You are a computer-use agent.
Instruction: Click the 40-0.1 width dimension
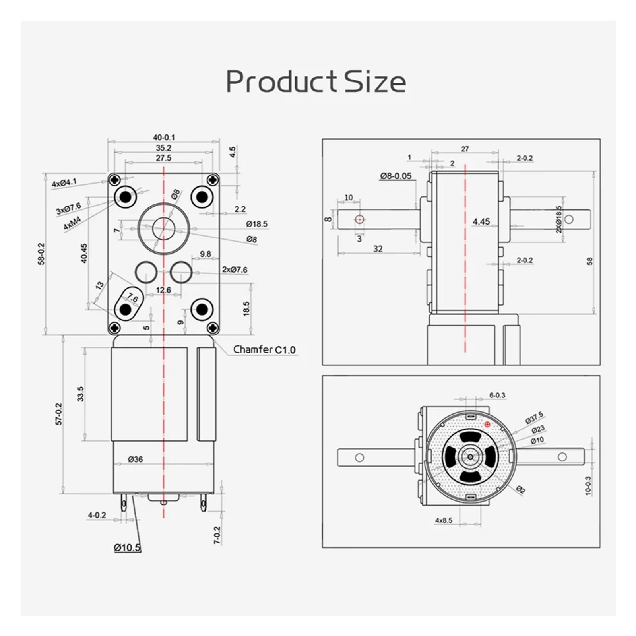164,137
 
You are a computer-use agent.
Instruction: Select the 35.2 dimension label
163,148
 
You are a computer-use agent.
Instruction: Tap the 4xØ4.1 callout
64,183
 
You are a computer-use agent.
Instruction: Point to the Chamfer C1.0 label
264,350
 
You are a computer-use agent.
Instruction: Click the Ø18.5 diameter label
256,224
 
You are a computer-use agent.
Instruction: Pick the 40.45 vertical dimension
84,253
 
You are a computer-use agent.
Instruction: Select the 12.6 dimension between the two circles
163,290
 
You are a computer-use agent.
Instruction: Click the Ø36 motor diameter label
135,459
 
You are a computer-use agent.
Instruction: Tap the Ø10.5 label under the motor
127,548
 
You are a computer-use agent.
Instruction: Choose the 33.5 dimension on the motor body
81,394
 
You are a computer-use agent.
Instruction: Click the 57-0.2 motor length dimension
59,414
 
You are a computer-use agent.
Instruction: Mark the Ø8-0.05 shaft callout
396,176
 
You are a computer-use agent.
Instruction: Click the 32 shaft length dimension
378,249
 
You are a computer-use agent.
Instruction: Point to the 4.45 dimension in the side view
481,221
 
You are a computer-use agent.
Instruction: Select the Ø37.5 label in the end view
534,418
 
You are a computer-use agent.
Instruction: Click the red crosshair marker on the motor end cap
487,425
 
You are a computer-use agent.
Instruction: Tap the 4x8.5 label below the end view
444,520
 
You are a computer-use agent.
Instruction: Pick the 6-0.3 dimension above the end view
497,395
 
